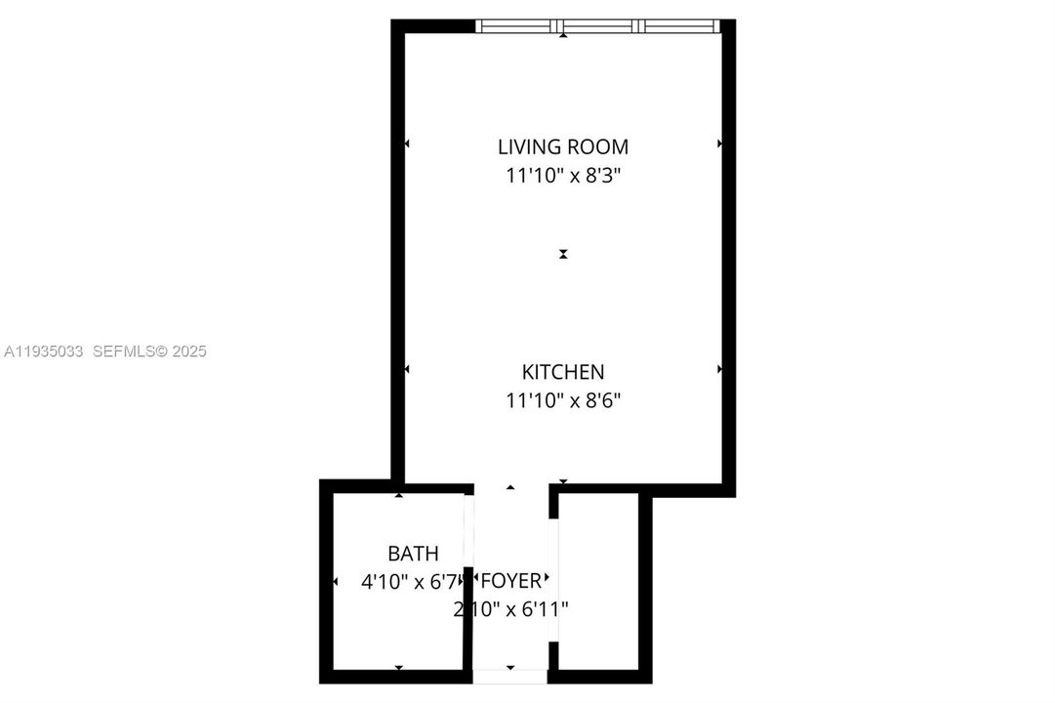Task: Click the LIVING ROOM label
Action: click(x=563, y=147)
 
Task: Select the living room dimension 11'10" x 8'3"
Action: click(x=563, y=177)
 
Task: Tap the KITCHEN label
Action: click(x=563, y=372)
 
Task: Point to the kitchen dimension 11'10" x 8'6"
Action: click(x=563, y=400)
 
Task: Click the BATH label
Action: click(x=413, y=554)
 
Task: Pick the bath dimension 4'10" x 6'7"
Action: click(x=409, y=582)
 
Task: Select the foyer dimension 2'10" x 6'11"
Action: click(x=510, y=610)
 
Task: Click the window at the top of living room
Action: click(x=597, y=26)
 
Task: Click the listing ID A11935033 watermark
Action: click(x=44, y=351)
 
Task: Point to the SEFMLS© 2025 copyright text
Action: click(x=149, y=351)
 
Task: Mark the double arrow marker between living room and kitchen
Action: click(x=563, y=254)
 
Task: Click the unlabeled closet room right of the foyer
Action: click(x=598, y=581)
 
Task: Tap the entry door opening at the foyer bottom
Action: click(x=510, y=676)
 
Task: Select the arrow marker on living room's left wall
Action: click(x=407, y=145)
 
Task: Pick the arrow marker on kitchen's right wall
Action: click(x=719, y=370)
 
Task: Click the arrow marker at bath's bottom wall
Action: click(x=398, y=668)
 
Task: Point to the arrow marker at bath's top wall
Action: click(x=398, y=496)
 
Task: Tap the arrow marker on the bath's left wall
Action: click(x=336, y=582)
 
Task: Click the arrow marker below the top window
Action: click(x=563, y=36)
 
